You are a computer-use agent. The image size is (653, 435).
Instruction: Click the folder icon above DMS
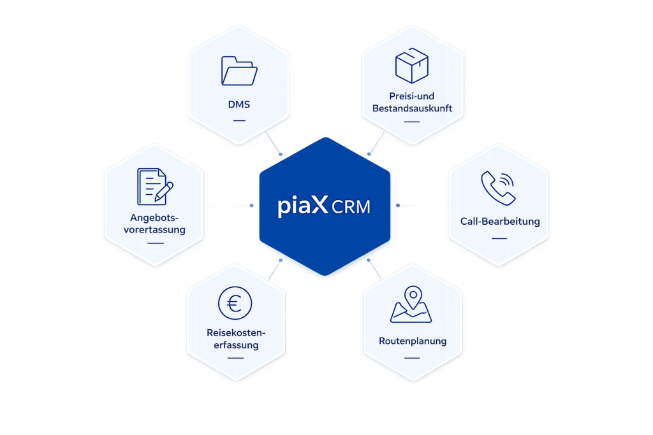click(x=239, y=71)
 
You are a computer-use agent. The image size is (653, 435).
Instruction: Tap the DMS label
click(x=239, y=104)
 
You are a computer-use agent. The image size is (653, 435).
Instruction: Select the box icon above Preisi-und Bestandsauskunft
click(x=412, y=66)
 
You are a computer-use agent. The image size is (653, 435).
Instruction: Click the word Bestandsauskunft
click(x=413, y=108)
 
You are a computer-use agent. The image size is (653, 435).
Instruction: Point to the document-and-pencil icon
click(x=155, y=187)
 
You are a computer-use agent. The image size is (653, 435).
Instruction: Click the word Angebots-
click(x=154, y=218)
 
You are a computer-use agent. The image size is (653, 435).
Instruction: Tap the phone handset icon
click(x=498, y=188)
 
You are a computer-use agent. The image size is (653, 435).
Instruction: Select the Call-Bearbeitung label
click(x=500, y=221)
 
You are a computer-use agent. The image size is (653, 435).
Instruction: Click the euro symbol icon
click(x=235, y=303)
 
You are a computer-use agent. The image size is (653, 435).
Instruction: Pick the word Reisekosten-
click(x=236, y=332)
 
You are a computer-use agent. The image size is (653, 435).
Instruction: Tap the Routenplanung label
click(x=413, y=341)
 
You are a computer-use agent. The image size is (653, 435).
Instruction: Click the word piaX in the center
click(x=303, y=206)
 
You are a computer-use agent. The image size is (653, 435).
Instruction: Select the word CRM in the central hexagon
click(x=351, y=207)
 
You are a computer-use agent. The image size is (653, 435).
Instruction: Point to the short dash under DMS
click(x=240, y=120)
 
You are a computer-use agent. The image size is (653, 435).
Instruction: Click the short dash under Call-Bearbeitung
click(x=499, y=238)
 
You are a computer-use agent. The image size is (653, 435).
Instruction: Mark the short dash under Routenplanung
click(x=413, y=358)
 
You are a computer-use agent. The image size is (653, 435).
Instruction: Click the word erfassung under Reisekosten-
click(x=236, y=345)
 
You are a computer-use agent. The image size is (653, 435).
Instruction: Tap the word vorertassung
click(x=154, y=229)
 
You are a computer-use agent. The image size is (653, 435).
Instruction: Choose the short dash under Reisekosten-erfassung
click(x=236, y=358)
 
